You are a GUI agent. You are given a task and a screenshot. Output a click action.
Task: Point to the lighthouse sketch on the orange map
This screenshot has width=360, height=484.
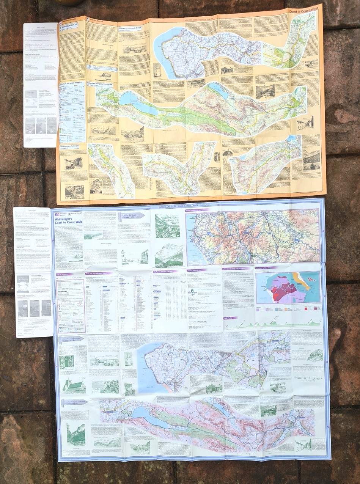click(157, 71)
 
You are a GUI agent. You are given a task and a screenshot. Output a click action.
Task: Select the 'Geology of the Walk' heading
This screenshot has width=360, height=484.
click(267, 268)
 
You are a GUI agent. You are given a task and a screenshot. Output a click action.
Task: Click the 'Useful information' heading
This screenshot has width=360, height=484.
click(197, 270)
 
